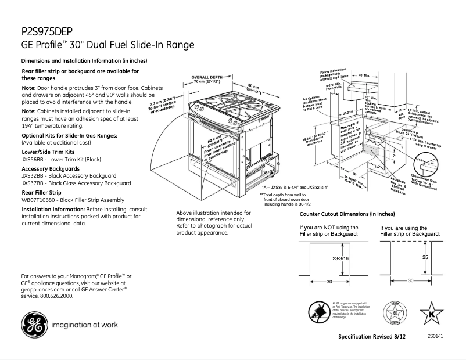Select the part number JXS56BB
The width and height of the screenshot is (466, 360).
click(x=33, y=159)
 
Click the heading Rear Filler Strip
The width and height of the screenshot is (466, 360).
click(x=41, y=192)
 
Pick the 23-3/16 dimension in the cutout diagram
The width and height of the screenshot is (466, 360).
click(x=340, y=257)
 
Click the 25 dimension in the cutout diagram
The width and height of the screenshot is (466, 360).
click(x=425, y=257)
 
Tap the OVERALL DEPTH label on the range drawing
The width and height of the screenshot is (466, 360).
click(x=207, y=77)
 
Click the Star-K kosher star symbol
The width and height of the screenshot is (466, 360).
click(x=432, y=314)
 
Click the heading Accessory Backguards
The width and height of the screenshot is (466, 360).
click(x=51, y=168)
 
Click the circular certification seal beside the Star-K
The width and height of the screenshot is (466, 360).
click(x=395, y=314)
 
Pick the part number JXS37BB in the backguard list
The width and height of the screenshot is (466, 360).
click(x=33, y=183)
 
